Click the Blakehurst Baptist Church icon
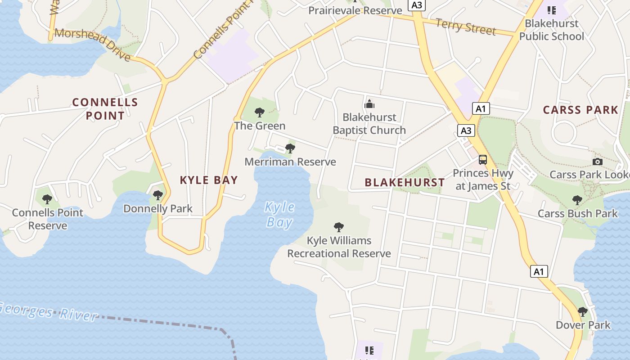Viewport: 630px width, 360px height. pyautogui.click(x=369, y=104)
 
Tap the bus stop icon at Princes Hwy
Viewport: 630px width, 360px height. pyautogui.click(x=483, y=160)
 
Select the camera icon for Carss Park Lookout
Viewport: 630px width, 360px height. pyautogui.click(x=598, y=162)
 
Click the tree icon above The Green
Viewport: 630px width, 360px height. pyautogui.click(x=259, y=112)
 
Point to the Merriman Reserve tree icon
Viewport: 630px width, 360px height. pyautogui.click(x=290, y=148)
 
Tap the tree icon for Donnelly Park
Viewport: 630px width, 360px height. pyautogui.click(x=157, y=195)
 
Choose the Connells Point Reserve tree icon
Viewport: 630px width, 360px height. pyautogui.click(x=47, y=199)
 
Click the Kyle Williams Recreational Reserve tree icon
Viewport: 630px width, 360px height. pyautogui.click(x=339, y=227)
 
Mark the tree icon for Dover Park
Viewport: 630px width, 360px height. pyautogui.click(x=583, y=311)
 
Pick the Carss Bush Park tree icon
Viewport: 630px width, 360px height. pyautogui.click(x=577, y=200)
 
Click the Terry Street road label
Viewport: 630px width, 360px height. pyautogui.click(x=465, y=27)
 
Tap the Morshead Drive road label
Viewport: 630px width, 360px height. pyautogui.click(x=93, y=44)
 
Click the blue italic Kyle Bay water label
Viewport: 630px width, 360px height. pyautogui.click(x=279, y=215)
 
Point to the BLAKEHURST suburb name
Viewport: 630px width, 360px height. pyautogui.click(x=405, y=182)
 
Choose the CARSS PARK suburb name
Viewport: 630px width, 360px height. pyautogui.click(x=580, y=110)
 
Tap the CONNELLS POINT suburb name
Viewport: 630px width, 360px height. pyautogui.click(x=105, y=109)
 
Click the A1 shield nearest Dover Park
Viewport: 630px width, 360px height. pyautogui.click(x=539, y=271)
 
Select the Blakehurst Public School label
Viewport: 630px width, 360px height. pyautogui.click(x=552, y=30)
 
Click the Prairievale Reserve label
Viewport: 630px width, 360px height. pyautogui.click(x=355, y=10)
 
